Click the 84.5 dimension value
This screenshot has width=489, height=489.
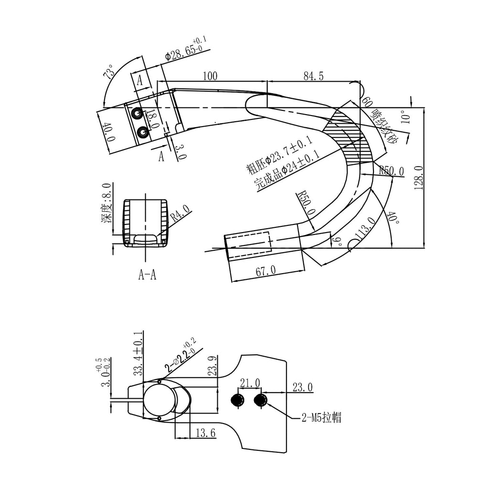(x=313, y=76)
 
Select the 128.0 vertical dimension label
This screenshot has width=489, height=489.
(x=419, y=178)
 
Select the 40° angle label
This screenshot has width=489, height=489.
(x=393, y=217)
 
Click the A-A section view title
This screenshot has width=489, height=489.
(x=147, y=275)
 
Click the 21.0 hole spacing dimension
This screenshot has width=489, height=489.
(x=250, y=383)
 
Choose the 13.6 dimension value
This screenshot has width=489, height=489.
(x=206, y=433)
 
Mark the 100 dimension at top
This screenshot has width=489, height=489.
(x=210, y=76)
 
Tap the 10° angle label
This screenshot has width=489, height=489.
(x=405, y=117)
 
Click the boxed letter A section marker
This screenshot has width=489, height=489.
(x=140, y=81)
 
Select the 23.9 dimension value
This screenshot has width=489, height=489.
(x=213, y=366)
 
